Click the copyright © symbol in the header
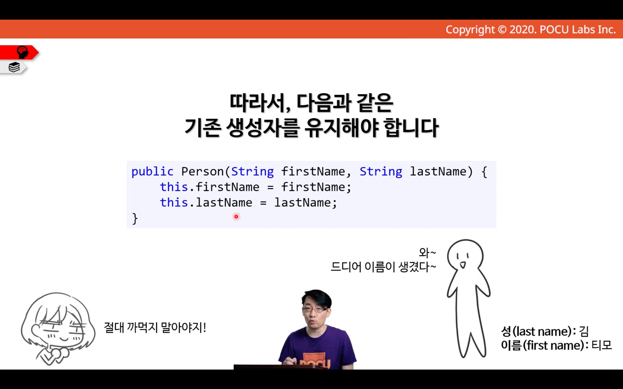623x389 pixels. coord(502,30)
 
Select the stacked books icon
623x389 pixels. coord(14,67)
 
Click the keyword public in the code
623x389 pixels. coord(152,172)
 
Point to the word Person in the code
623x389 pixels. coord(202,171)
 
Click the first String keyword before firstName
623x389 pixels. coord(252,172)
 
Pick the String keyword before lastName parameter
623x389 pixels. coord(381,172)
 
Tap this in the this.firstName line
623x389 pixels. coord(174,187)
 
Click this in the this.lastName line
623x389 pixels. coord(174,202)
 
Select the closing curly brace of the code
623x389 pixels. coord(135,219)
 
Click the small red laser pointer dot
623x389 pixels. coord(236,217)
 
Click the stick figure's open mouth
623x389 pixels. coord(463,265)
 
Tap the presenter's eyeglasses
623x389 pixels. coord(315,310)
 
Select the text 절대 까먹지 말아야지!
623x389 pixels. coord(155,327)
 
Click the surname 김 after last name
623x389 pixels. coord(583,331)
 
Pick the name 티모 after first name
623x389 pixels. coord(601,345)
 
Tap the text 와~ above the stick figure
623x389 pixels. coord(427,253)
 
